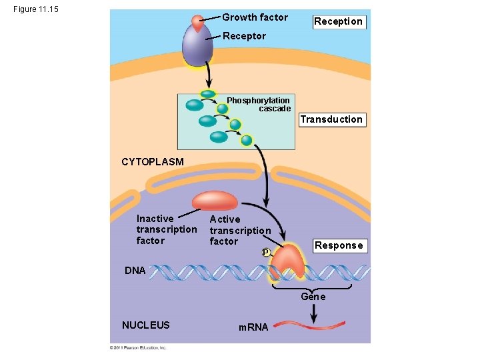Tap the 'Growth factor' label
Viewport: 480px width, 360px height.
255,17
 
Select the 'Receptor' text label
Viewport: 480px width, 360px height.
244,36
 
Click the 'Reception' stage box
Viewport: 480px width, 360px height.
339,21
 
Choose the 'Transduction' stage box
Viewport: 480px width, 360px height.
331,120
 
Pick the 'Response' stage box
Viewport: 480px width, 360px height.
339,245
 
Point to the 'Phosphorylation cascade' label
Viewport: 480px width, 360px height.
259,105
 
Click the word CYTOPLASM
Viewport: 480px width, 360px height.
152,161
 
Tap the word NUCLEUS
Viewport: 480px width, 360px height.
146,325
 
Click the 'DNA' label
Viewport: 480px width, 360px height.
135,271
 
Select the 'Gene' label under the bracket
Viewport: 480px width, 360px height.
313,297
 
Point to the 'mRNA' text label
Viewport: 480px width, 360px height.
253,327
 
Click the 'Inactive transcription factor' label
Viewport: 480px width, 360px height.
166,229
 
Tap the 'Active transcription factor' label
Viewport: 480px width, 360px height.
240,230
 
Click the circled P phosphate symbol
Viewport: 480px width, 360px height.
265,253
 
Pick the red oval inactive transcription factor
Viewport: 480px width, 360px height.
215,201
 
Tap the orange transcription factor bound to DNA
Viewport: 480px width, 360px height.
288,262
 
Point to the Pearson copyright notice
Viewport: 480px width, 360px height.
138,347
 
